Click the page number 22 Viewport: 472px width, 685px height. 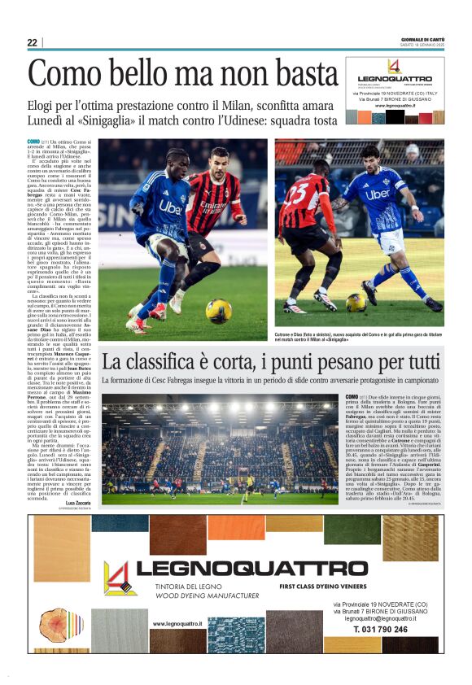[32, 42]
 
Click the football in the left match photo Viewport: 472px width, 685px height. [218, 310]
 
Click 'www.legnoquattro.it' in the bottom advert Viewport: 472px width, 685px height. [177, 624]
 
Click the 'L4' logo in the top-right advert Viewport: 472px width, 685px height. [393, 67]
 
